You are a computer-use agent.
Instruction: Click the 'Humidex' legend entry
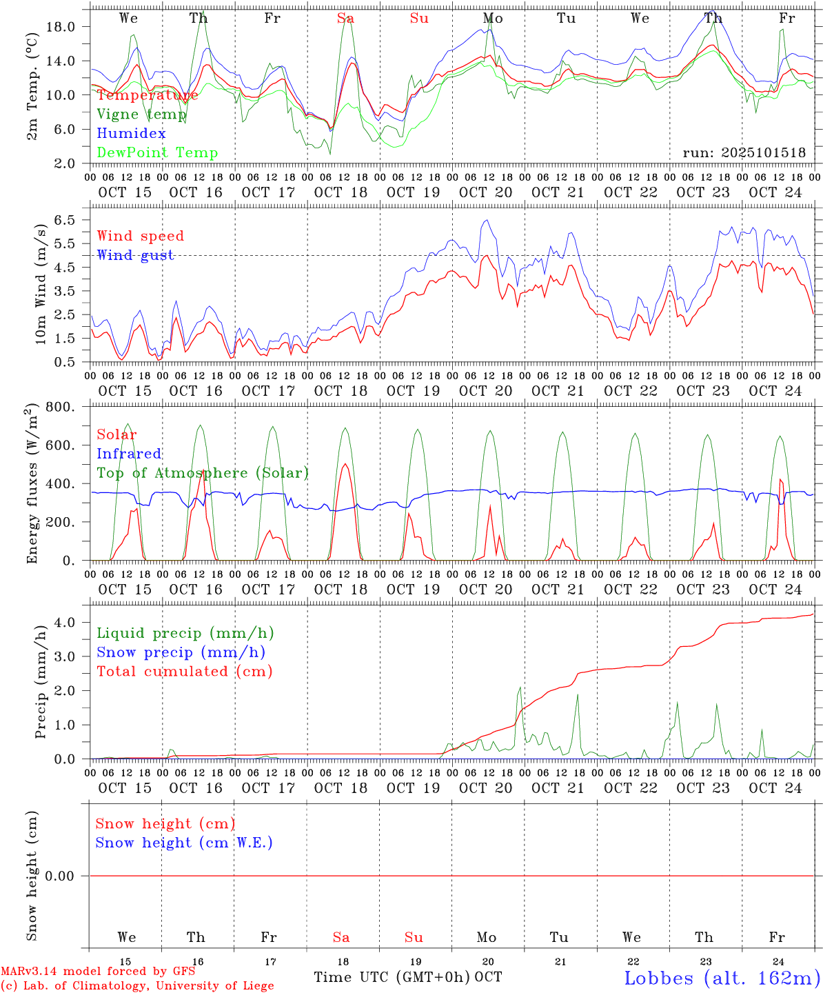131,134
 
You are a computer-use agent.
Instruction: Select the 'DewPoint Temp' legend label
157,153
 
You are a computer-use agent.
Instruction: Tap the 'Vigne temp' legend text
141,114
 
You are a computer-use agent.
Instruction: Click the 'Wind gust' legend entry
135,255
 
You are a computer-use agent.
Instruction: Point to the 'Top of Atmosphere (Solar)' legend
203,473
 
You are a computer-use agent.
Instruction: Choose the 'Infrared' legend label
129,454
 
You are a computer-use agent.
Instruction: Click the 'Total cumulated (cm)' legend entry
184,672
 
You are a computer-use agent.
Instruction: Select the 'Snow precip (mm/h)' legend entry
181,652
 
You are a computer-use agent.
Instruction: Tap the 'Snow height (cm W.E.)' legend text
184,843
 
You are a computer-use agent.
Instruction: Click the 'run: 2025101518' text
744,153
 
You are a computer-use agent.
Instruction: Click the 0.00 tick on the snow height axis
65,876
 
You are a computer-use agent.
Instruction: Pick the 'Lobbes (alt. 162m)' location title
722,978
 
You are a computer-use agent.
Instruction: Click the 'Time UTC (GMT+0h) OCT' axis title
408,977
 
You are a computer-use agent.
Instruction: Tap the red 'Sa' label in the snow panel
341,937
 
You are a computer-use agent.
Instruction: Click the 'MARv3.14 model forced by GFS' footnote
98,972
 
